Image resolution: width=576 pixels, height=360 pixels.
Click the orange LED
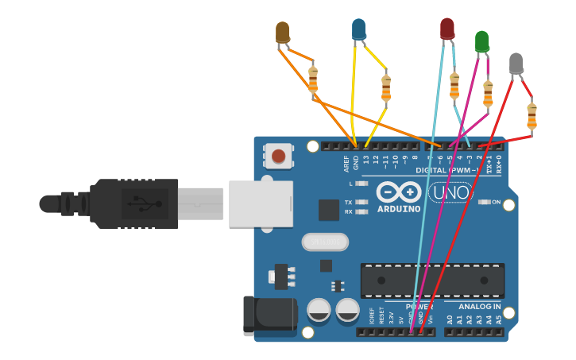(282, 33)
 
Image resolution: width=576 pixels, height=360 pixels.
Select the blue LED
(358, 29)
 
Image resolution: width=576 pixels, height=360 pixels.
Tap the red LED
(447, 29)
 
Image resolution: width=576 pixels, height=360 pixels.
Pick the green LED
(481, 41)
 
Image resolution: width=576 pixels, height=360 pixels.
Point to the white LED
(516, 63)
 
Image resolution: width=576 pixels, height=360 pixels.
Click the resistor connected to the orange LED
(313, 79)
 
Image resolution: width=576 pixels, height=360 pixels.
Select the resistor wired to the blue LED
(386, 87)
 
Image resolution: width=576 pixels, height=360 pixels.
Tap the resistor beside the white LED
(532, 114)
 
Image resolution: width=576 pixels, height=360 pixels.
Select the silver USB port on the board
(261, 203)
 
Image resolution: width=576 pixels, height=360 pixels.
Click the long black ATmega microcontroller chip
(432, 281)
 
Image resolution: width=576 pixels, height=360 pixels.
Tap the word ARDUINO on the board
(399, 209)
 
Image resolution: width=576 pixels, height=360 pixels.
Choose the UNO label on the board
(450, 192)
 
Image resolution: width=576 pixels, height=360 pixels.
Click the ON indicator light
(485, 202)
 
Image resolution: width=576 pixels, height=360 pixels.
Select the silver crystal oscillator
(325, 241)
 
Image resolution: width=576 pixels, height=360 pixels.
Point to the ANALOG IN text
(479, 307)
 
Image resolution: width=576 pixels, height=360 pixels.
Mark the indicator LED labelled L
(362, 184)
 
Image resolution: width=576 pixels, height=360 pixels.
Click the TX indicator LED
(362, 202)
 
